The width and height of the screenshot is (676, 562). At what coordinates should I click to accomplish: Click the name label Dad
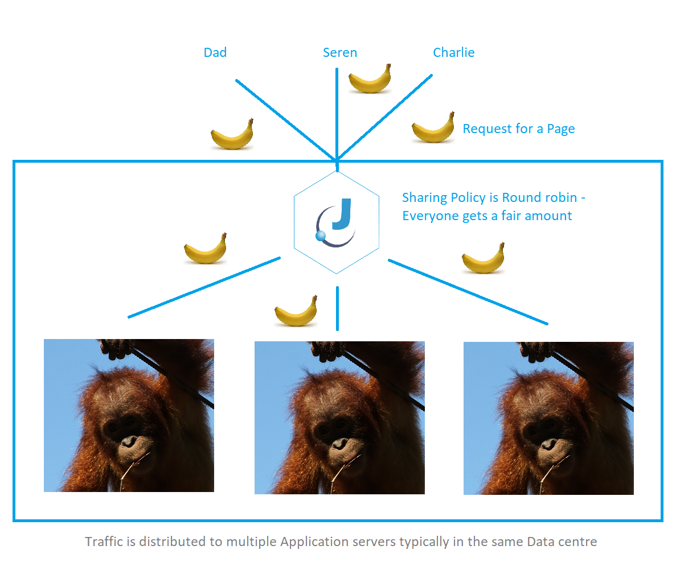215,52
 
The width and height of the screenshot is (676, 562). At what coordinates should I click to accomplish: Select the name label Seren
340,52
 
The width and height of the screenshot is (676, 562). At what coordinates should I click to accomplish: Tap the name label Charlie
453,52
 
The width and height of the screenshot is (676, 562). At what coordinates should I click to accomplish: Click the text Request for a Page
519,129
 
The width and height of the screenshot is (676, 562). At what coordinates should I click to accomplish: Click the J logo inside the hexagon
336,222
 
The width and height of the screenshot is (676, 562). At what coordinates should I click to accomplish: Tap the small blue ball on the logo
321,235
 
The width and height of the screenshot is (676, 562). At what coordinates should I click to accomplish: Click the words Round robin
539,197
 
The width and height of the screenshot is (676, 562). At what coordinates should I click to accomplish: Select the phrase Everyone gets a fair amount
487,216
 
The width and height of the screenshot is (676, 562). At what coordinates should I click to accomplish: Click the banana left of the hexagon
205,249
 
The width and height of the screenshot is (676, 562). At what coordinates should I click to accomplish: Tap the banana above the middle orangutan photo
296,312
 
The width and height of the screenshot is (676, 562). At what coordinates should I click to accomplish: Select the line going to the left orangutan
204,288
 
